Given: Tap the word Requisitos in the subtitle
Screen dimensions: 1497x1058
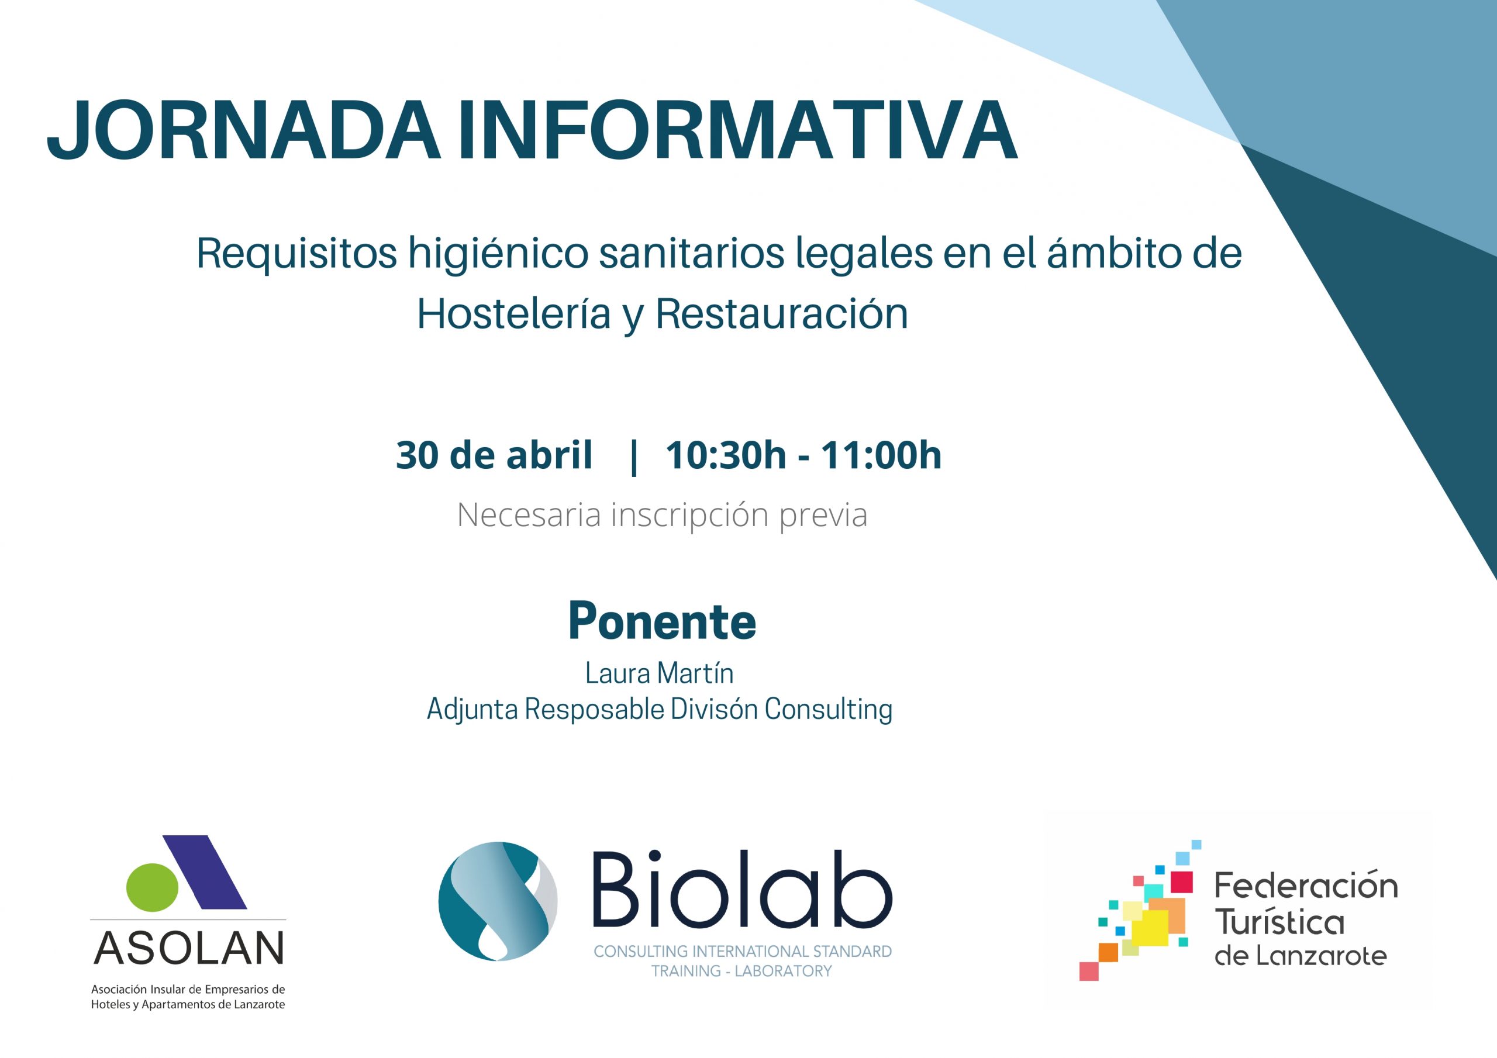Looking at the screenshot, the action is click(x=296, y=255).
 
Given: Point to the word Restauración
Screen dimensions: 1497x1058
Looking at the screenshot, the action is click(x=782, y=314).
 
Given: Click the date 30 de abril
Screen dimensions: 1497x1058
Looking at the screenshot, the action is click(x=494, y=454).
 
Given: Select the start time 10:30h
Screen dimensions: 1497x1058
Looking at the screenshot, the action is click(x=726, y=454).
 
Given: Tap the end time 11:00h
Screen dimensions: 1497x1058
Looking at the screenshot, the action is click(x=881, y=454).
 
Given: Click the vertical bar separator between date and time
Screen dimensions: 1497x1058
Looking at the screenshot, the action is click(x=634, y=457).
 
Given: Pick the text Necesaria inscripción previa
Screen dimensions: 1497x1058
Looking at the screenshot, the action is click(x=663, y=515).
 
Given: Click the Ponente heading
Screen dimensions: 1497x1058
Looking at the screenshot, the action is click(x=663, y=621).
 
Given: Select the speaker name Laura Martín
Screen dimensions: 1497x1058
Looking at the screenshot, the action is click(x=659, y=673).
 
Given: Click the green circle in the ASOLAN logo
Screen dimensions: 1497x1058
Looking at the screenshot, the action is click(x=152, y=887).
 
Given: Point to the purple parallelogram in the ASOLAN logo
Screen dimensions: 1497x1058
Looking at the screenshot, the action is click(x=205, y=872).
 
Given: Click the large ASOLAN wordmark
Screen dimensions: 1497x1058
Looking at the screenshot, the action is click(x=189, y=948).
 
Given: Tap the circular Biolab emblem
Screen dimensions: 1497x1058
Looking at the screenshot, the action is click(x=498, y=901).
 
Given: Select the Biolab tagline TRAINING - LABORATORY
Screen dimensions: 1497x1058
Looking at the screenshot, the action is click(x=742, y=971).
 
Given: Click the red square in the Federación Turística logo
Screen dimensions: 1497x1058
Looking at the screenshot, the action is click(x=1181, y=881).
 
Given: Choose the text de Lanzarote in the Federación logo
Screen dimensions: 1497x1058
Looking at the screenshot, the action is click(x=1301, y=956).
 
